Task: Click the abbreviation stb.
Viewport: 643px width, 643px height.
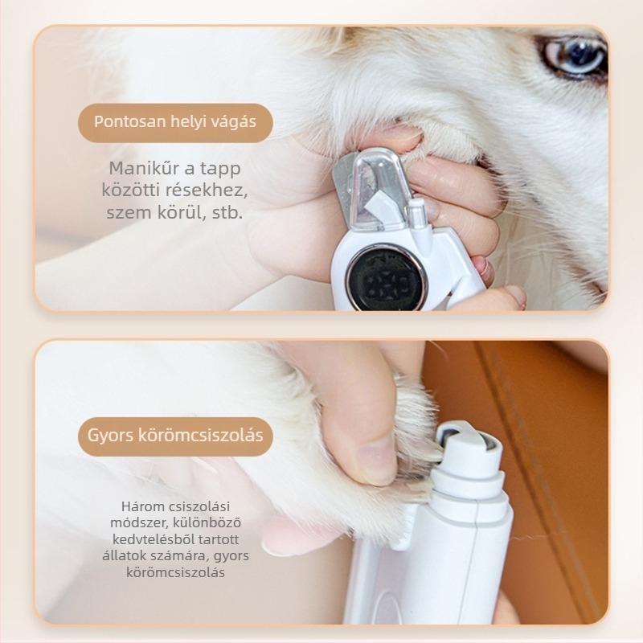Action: pyautogui.click(x=227, y=212)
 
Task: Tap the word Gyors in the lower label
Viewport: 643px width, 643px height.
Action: pyautogui.click(x=110, y=436)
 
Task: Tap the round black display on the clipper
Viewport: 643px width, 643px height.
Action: pyautogui.click(x=387, y=277)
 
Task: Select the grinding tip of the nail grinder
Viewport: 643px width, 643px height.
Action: pyautogui.click(x=467, y=444)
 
